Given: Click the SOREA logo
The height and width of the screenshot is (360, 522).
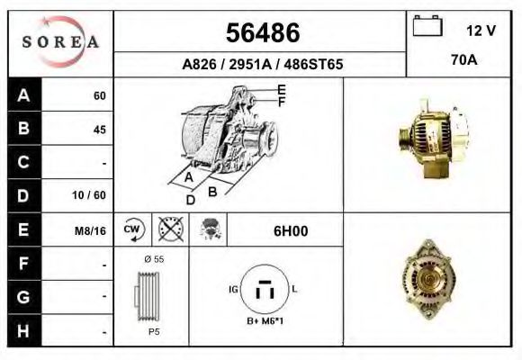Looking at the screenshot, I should pyautogui.click(x=60, y=42).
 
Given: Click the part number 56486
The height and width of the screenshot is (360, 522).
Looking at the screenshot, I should pyautogui.click(x=261, y=32).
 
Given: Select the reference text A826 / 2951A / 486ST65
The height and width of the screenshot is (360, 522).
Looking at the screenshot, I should pyautogui.click(x=262, y=66).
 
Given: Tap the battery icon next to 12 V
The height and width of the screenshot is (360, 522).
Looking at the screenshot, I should pyautogui.click(x=427, y=27).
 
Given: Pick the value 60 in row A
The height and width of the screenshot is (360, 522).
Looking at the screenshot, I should pyautogui.click(x=99, y=96).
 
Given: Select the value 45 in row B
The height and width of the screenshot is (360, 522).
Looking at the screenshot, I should pyautogui.click(x=99, y=130).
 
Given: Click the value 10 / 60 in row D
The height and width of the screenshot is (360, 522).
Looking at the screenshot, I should pyautogui.click(x=93, y=195).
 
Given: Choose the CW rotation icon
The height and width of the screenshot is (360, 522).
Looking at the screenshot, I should pyautogui.click(x=133, y=230).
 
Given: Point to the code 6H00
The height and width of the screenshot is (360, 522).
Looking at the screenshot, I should pyautogui.click(x=290, y=230).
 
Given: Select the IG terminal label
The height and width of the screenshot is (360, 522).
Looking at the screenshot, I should pyautogui.click(x=234, y=289).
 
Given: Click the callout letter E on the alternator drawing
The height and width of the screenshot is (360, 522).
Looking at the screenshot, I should pyautogui.click(x=281, y=89).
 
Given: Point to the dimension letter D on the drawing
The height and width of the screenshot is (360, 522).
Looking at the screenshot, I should pyautogui.click(x=191, y=200).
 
